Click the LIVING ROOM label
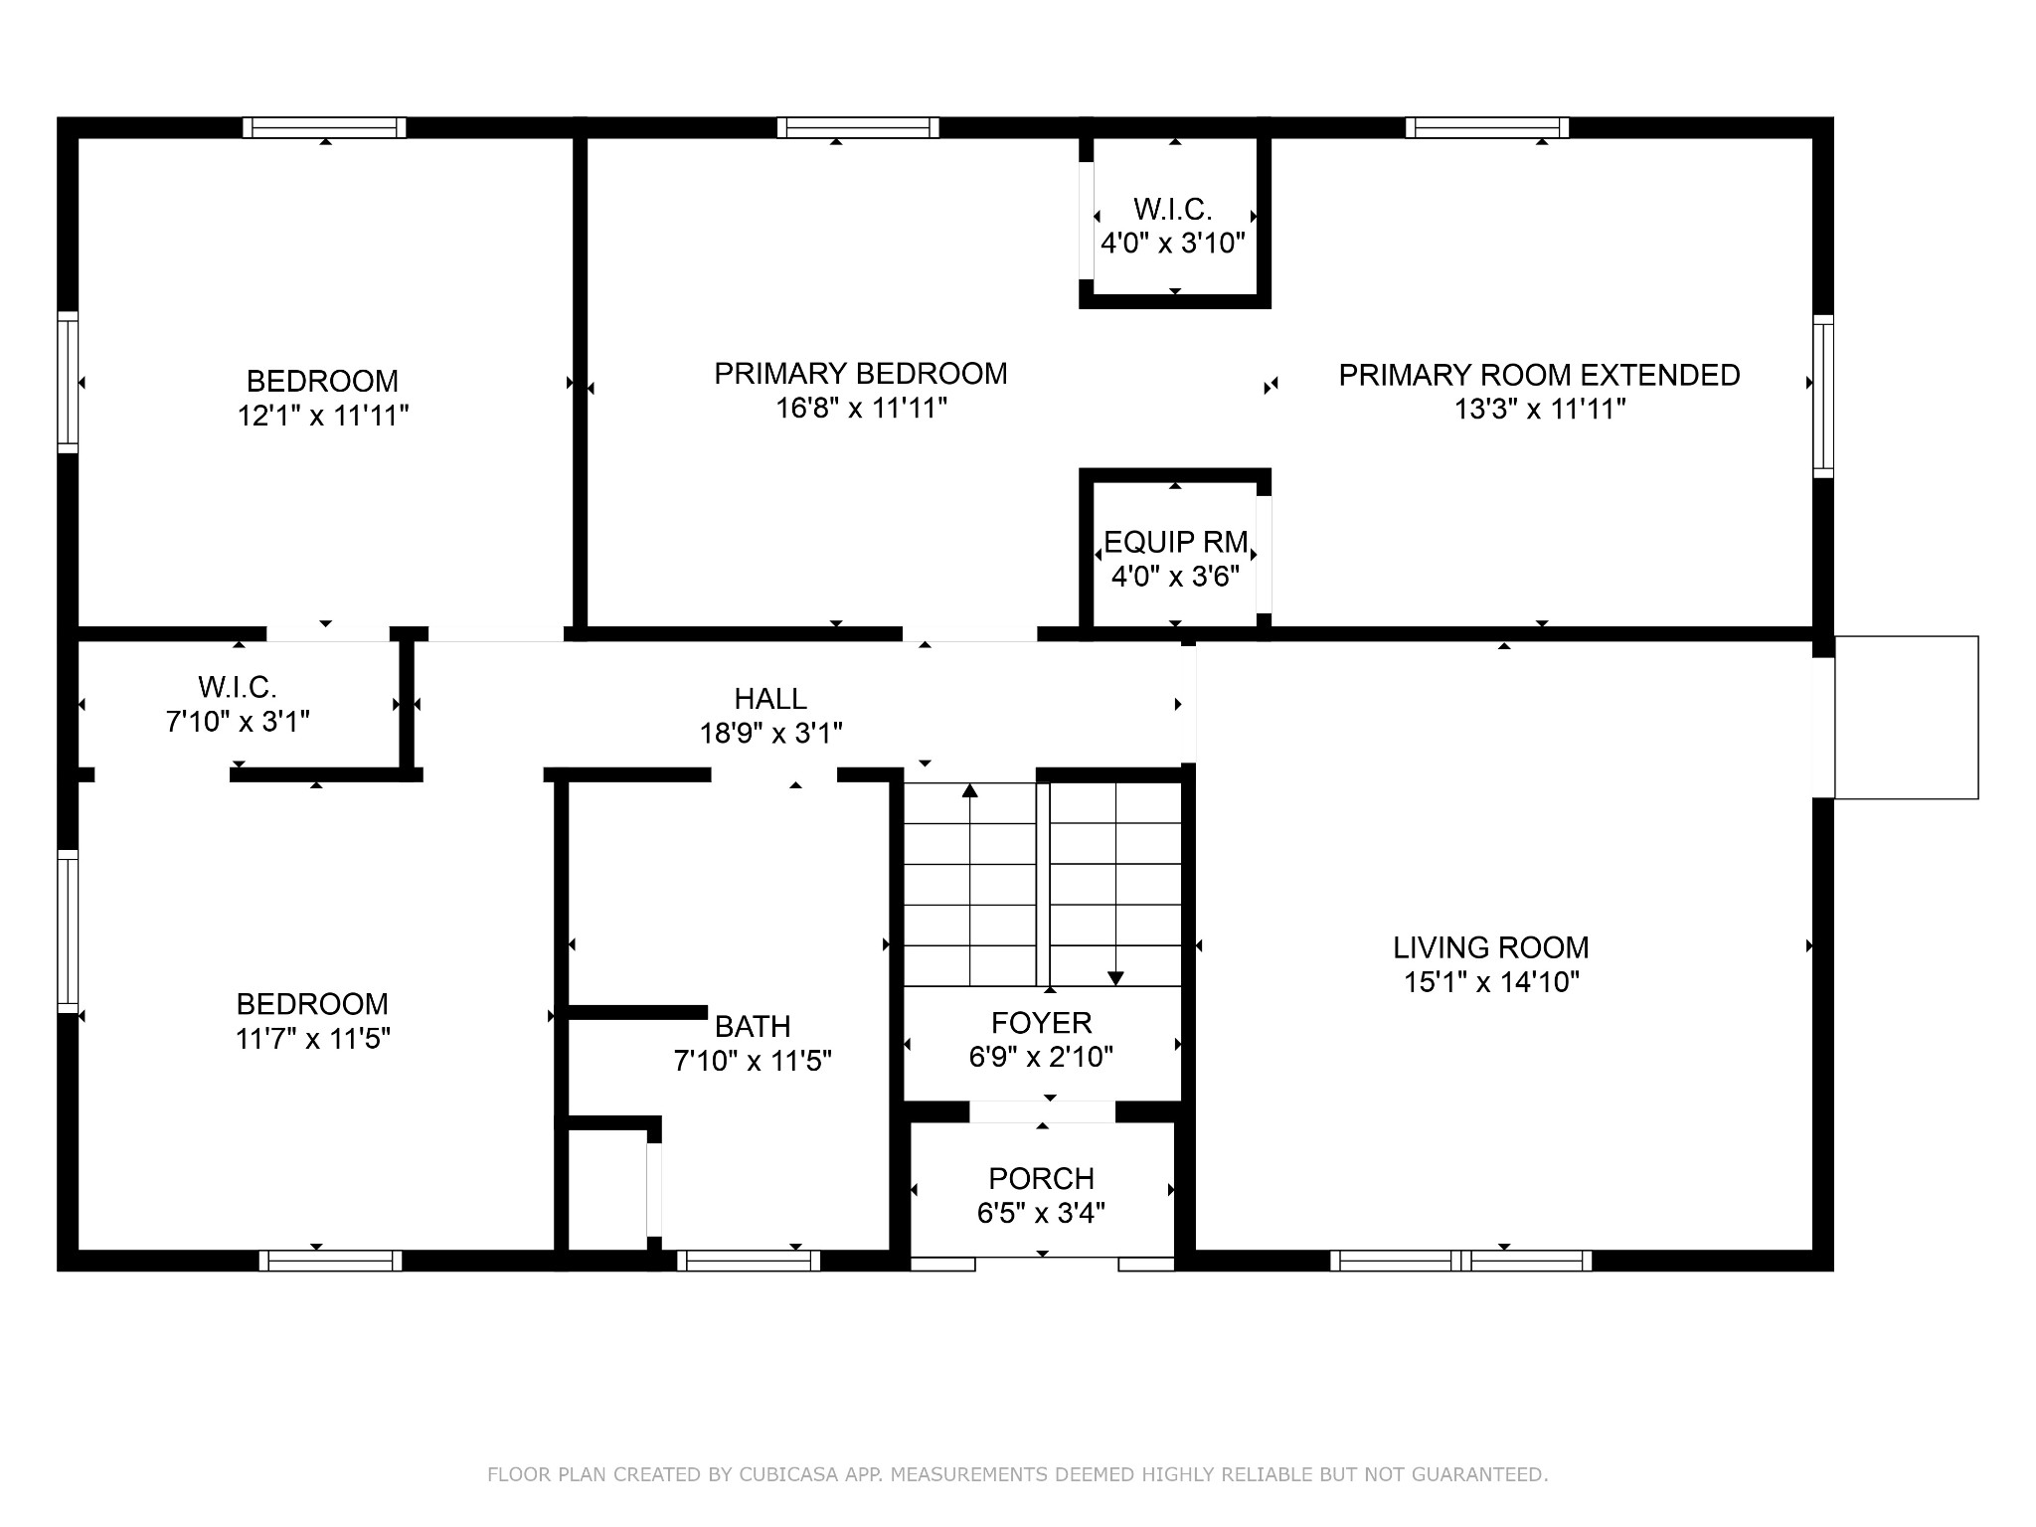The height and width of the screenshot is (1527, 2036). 1490,947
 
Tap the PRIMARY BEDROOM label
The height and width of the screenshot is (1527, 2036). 861,374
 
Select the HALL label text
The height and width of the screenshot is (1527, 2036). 770,699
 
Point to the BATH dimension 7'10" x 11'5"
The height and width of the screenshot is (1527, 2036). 753,1062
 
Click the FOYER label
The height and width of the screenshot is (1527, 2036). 1041,1023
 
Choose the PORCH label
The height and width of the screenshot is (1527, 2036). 1041,1179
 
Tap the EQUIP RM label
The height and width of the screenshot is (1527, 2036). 1175,543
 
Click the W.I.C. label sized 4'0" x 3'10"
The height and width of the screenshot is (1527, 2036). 1173,210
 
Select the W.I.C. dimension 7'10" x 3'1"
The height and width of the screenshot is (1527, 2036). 238,721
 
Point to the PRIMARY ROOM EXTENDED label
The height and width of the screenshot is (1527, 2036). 1539,375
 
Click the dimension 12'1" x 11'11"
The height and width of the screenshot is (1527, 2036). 323,416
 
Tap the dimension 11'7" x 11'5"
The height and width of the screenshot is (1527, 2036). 312,1039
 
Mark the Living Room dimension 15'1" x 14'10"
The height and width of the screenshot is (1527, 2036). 1491,982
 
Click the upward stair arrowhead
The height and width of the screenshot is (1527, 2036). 969,791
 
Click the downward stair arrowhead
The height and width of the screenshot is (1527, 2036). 1115,978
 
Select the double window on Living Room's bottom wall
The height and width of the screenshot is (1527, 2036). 1460,1261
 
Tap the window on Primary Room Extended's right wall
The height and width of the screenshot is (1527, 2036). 1823,397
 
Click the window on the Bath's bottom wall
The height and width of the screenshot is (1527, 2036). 749,1261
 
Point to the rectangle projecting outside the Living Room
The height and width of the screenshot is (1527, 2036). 1906,717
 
